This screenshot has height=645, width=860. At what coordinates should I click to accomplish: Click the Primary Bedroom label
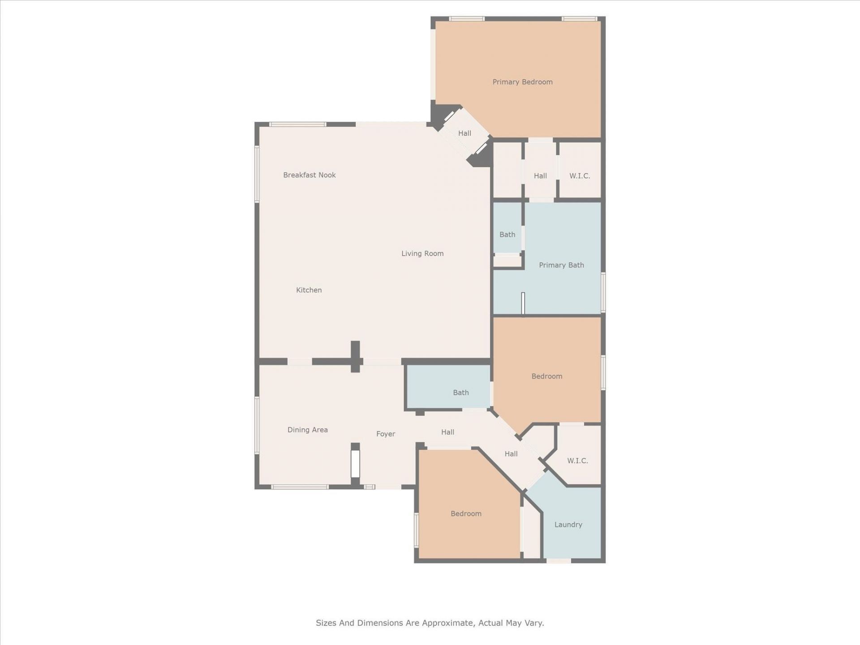tap(522, 82)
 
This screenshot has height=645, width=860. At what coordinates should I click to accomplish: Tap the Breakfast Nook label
tap(309, 175)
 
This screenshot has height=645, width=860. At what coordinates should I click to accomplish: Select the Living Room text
tap(422, 254)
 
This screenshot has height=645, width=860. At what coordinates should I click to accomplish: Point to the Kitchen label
tap(309, 290)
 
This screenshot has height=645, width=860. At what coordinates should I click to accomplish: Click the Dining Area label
tap(307, 430)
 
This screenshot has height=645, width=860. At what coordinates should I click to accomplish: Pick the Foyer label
tap(385, 434)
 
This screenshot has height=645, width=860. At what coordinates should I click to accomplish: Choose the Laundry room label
tap(568, 525)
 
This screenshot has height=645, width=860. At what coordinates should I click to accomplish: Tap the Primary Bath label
tap(561, 265)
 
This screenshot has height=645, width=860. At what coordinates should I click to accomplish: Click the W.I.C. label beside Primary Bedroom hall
tap(579, 176)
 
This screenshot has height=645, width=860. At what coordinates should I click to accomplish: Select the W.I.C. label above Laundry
tap(577, 461)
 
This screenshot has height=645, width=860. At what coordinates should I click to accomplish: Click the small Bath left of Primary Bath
tap(507, 235)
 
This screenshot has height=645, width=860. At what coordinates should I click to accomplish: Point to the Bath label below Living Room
tap(460, 393)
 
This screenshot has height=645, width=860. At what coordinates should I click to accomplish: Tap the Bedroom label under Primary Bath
tap(546, 376)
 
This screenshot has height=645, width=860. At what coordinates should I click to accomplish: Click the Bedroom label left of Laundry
tap(466, 514)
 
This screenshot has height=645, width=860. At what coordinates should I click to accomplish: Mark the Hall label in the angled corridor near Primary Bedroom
tap(464, 133)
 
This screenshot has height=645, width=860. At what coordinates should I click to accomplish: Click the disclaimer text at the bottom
tap(430, 623)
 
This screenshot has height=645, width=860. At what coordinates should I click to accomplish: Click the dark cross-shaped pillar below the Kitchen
tap(355, 357)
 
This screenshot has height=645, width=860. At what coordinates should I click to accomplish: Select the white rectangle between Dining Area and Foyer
tap(355, 464)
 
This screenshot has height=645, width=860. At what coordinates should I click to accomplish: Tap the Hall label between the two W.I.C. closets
tap(540, 176)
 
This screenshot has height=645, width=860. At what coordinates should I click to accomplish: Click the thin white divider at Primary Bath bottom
tap(523, 303)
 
